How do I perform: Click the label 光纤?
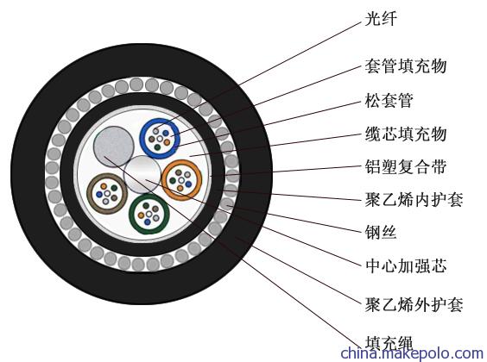[381, 19]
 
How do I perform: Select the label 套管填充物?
[406, 66]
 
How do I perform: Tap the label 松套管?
[389, 100]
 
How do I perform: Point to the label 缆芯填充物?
[406, 134]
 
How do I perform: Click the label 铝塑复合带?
[406, 167]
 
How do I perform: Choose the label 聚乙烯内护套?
[414, 199]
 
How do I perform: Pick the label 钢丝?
[381, 232]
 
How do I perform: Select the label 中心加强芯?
[406, 266]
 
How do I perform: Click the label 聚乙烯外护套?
[414, 304]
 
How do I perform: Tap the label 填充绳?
[389, 343]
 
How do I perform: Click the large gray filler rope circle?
[114, 147]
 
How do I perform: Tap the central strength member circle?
[142, 174]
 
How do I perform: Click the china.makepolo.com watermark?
[412, 353]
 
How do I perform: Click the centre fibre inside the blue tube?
[160, 139]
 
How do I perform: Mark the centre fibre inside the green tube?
[149, 214]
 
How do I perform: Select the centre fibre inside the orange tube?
[181, 180]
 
